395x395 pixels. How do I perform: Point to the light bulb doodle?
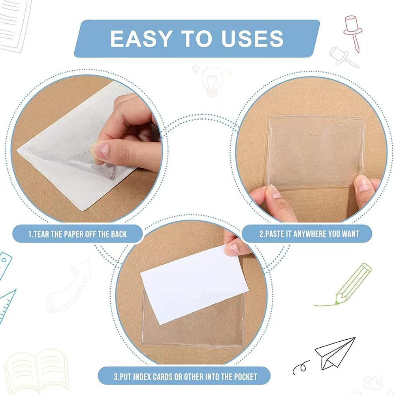pos(212,81)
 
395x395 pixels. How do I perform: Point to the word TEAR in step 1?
pos(41,234)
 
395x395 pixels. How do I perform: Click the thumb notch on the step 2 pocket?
pos(316,128)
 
